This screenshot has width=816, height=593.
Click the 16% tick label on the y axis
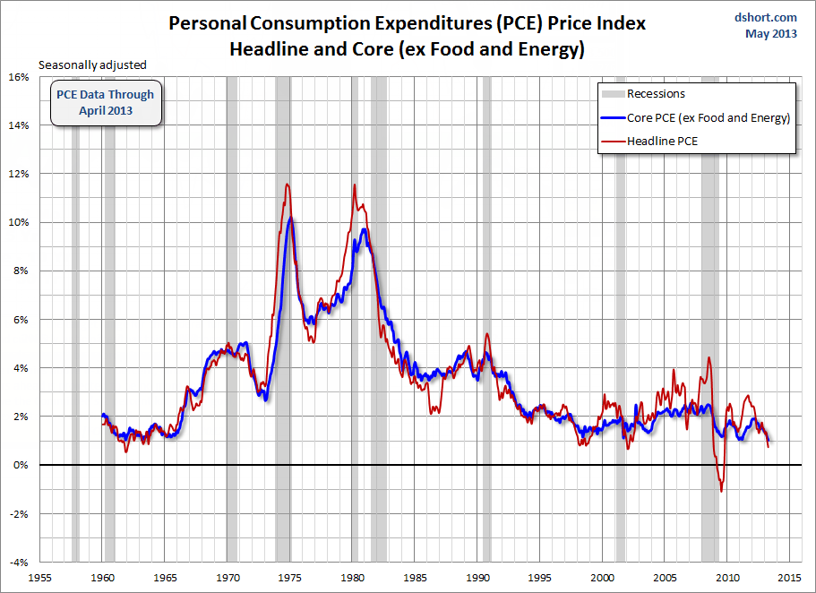tap(18, 77)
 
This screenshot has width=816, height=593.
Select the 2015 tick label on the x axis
tap(789, 578)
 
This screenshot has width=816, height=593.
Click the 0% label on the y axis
tap(21, 465)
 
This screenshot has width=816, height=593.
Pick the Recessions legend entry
tap(656, 94)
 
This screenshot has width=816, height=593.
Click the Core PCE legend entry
tap(708, 118)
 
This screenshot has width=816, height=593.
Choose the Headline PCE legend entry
tap(662, 142)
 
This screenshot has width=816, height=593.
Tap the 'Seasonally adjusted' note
tap(92, 64)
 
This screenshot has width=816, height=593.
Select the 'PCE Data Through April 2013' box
tap(106, 103)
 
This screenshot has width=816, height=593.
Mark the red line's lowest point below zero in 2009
tap(721, 491)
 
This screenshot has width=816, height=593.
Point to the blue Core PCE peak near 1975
tap(291, 218)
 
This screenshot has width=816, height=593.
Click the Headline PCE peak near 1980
tap(355, 185)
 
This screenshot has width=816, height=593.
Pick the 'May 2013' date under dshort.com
tap(771, 34)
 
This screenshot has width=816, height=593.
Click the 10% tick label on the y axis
tap(18, 222)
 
